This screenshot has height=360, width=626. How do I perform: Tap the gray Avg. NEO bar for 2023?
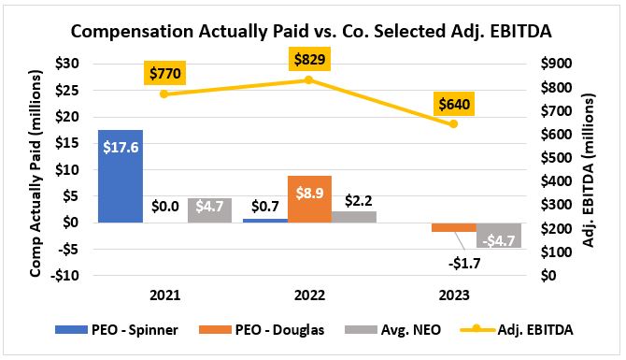[497, 235]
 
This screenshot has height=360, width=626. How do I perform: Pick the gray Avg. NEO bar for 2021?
[210, 210]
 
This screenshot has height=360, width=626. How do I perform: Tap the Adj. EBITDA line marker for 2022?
[309, 80]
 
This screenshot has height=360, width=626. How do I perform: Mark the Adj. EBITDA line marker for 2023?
[453, 124]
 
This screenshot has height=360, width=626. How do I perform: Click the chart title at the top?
[311, 31]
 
